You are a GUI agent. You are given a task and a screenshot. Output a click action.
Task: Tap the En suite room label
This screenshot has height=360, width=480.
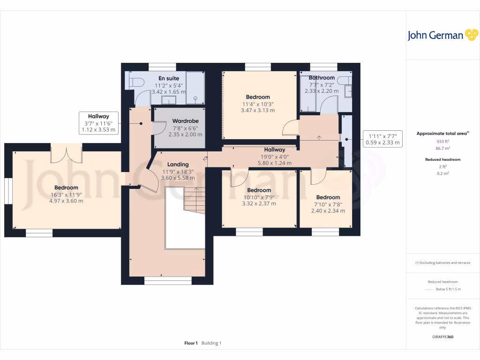[x=168, y=78]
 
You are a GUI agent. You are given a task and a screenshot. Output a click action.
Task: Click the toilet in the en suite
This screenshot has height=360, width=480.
[x=136, y=82]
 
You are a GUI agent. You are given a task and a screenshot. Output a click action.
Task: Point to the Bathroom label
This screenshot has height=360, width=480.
[x=322, y=78]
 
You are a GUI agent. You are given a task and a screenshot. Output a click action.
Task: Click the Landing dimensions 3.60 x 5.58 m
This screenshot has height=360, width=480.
[x=178, y=178]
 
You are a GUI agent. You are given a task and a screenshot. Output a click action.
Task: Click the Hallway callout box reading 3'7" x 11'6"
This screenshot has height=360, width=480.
[x=98, y=123]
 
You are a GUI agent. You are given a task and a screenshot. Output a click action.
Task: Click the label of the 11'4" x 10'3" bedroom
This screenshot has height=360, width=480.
[x=257, y=97]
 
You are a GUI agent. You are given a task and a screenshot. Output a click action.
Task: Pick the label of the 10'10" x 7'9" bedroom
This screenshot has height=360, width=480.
[x=259, y=190]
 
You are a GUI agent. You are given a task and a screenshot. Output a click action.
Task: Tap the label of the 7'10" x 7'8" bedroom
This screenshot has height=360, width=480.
[x=328, y=197]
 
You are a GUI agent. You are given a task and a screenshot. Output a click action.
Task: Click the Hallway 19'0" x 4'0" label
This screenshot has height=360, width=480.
[x=274, y=150]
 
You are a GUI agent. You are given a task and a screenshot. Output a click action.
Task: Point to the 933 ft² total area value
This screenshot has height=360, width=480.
[x=443, y=141]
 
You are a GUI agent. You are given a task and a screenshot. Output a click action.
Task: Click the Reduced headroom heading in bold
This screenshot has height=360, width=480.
[x=443, y=159]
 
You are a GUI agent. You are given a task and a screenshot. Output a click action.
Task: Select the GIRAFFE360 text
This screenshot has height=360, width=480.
[x=443, y=337]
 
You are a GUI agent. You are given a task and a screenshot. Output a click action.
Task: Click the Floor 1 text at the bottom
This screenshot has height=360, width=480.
[x=191, y=343]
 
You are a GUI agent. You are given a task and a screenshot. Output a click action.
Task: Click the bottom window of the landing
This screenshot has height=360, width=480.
[x=168, y=280]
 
